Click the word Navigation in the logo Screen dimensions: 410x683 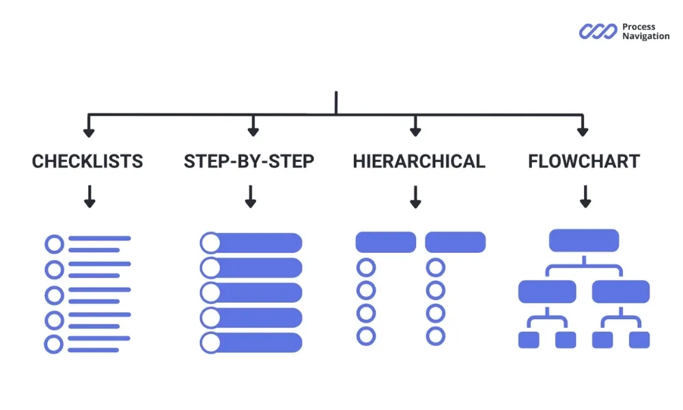click(645, 36)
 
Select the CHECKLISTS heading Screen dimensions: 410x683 click(87, 161)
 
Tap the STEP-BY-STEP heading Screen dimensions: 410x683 click(249, 161)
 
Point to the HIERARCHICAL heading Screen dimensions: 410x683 click(419, 161)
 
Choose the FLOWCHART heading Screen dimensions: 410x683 click(584, 161)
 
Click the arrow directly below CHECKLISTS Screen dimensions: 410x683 click(89, 197)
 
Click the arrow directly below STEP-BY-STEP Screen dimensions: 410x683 click(251, 197)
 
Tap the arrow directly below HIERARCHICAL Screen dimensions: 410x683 click(415, 197)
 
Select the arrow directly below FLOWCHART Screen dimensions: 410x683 click(585, 197)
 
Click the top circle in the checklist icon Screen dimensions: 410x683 click(54, 244)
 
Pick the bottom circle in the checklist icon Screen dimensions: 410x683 click(54, 344)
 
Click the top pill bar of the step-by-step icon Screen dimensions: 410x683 click(251, 243)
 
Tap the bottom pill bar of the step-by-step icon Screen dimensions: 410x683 click(251, 342)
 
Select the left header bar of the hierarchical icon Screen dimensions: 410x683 click(386, 242)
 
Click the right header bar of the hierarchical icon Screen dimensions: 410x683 click(456, 242)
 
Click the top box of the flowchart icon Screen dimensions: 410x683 click(584, 240)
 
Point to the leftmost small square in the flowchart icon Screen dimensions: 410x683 click(529, 340)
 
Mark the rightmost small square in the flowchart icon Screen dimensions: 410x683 click(639, 340)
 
